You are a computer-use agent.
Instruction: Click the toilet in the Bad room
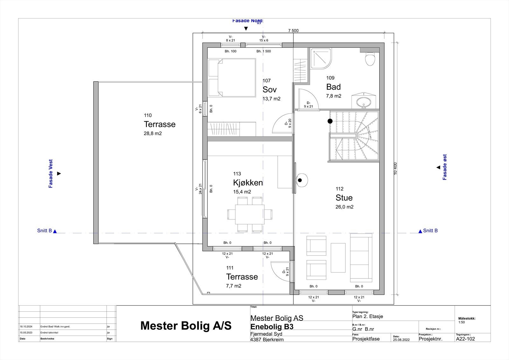pyautogui.click(x=370, y=59)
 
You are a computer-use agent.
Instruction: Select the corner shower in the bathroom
pyautogui.click(x=320, y=59)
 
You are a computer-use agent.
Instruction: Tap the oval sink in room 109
pyautogui.click(x=363, y=102)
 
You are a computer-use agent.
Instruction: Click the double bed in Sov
pyautogui.click(x=232, y=78)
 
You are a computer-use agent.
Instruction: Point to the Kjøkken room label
pyautogui.click(x=248, y=183)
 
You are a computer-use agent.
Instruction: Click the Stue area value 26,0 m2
pyautogui.click(x=344, y=207)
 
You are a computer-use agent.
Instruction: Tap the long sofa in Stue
pyautogui.click(x=361, y=258)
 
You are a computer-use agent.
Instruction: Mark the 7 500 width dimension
pyautogui.click(x=293, y=31)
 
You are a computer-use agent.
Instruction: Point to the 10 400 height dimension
pyautogui.click(x=395, y=168)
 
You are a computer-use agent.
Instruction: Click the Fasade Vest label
pyautogui.click(x=51, y=173)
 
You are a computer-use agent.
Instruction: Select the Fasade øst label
pyautogui.click(x=445, y=167)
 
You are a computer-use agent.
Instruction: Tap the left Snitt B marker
pyautogui.click(x=47, y=231)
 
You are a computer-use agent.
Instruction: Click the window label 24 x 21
pyautogui.click(x=200, y=188)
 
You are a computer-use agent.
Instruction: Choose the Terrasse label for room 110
pyautogui.click(x=159, y=124)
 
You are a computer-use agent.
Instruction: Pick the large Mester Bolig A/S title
pyautogui.click(x=186, y=326)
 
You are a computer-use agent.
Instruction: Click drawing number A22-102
pyautogui.click(x=465, y=339)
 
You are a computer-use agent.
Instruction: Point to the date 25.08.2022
pyautogui.click(x=401, y=340)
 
